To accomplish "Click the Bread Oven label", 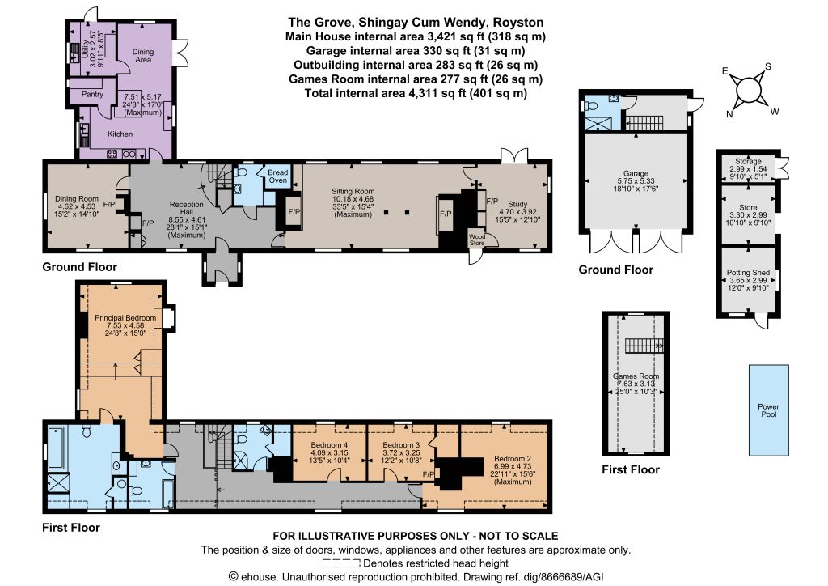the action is (x=278, y=176).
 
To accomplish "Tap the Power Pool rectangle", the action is (x=769, y=410).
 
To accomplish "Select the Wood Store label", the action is (x=477, y=240).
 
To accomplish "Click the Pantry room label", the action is (x=92, y=94).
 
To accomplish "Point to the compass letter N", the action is (x=729, y=114).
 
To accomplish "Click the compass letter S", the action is (x=768, y=66).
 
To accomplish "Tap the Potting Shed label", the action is (x=748, y=273).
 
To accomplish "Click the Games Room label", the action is (x=636, y=376).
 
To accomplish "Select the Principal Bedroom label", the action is (x=125, y=317).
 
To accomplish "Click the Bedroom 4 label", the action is (x=329, y=445).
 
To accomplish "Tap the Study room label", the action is (x=518, y=204).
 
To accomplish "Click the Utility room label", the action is (x=85, y=49).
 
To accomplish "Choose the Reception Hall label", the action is (x=187, y=208).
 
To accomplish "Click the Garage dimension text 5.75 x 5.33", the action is (x=636, y=180).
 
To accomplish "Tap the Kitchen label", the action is (x=120, y=134).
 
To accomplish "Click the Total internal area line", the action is (x=416, y=94).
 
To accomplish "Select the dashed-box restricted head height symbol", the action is (x=341, y=563).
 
